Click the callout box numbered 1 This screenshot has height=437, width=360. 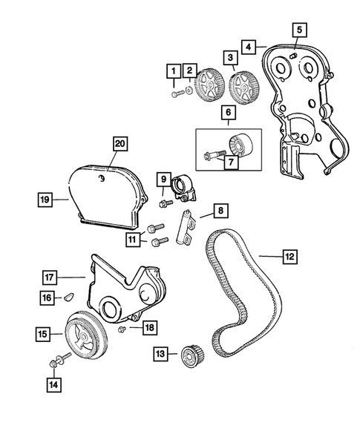click(x=173, y=71)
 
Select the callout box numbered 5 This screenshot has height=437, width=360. click(x=299, y=30)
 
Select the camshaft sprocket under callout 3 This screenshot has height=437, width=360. click(x=240, y=88)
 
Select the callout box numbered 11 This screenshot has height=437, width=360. click(x=134, y=239)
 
